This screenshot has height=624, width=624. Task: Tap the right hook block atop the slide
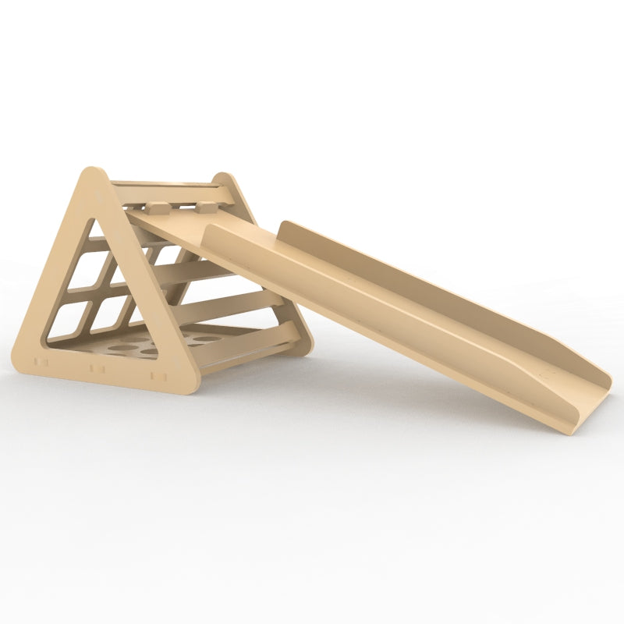(206, 207)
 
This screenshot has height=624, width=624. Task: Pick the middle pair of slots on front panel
(97, 368)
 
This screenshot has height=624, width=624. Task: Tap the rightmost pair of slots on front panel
(154, 375)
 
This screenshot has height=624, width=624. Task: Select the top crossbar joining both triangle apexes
(164, 187)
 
